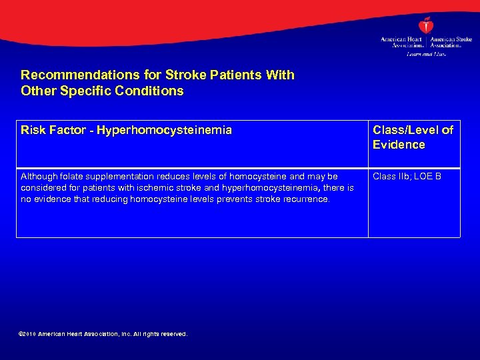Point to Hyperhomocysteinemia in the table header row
pos(164,130)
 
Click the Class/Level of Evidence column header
pos(413,137)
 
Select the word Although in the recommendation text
pos(39,177)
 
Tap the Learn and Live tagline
pos(426,53)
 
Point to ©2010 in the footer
pos(29,333)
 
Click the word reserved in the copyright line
pos(172,333)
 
